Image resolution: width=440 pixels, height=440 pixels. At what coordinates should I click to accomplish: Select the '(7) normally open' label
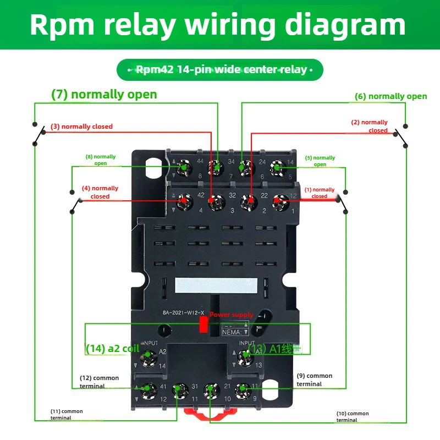click(104, 94)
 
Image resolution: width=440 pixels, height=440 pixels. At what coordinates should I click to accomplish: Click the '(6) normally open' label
click(391, 96)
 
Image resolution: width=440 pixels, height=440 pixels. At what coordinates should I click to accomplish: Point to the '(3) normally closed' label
click(81, 127)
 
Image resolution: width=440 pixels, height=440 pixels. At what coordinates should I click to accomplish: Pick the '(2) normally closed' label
click(370, 127)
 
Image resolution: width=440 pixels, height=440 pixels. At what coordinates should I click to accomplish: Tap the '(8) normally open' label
click(100, 159)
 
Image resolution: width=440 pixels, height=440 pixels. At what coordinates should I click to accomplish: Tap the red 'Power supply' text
click(231, 315)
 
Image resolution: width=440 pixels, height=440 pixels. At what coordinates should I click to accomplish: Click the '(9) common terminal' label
click(314, 380)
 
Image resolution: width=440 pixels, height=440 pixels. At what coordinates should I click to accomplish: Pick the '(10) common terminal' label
click(353, 416)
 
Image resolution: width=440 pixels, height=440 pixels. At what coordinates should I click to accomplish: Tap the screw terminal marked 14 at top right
click(276, 168)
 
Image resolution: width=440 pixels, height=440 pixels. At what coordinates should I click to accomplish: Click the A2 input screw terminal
click(147, 359)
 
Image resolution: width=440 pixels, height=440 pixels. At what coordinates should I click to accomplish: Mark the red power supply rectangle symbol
click(202, 326)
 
